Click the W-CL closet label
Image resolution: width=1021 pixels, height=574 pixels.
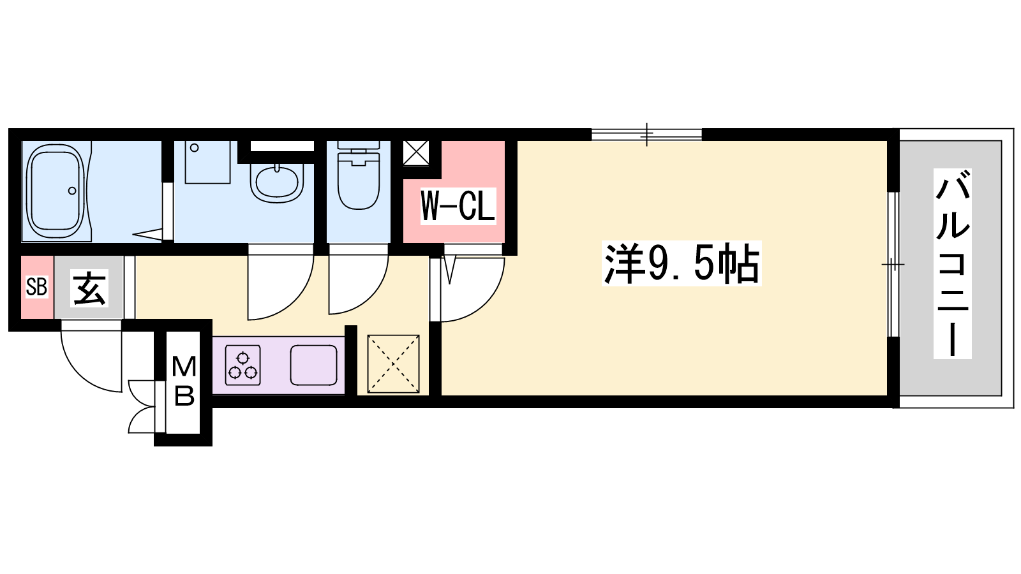458,206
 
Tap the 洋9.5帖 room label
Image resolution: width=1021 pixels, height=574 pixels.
682,264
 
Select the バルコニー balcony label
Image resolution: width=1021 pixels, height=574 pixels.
952,263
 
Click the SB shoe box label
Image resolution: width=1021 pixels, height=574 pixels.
37,287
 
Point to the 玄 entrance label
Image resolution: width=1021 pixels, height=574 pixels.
89,288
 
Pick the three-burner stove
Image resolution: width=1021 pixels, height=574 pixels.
242,365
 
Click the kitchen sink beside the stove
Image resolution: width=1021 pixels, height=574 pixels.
313,365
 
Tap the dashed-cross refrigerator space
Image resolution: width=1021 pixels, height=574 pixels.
393,364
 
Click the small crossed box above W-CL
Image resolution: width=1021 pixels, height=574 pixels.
416,153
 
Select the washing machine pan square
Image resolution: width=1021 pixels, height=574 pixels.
208,162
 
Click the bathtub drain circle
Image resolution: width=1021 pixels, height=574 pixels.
72,191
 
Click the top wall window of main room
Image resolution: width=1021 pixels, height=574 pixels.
646,135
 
